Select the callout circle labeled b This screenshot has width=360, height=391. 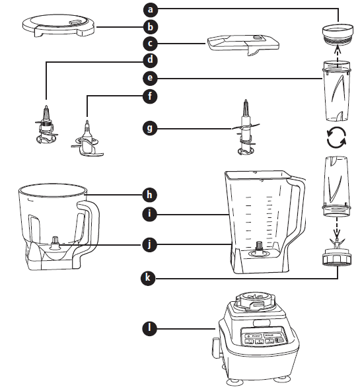tap(151, 27)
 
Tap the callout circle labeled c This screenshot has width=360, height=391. tap(151, 44)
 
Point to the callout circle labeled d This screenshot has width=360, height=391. tap(151, 61)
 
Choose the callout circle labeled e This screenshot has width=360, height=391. tap(151, 79)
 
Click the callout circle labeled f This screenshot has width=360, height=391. tap(151, 96)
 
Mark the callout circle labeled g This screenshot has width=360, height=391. tap(151, 127)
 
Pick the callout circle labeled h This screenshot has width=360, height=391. tap(151, 194)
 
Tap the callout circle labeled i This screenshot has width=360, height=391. tap(151, 214)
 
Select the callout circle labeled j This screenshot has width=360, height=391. tap(151, 244)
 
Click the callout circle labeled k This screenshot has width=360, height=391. tap(151, 278)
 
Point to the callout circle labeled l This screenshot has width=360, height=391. tap(151, 327)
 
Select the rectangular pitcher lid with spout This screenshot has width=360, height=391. tap(242, 44)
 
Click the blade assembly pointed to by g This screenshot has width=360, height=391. tap(244, 132)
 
